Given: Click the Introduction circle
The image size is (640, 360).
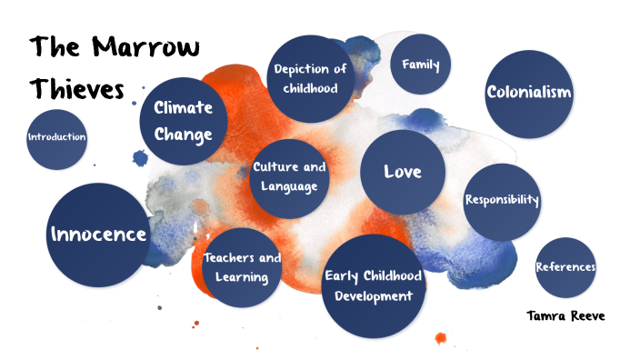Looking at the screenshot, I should pyautogui.click(x=56, y=138).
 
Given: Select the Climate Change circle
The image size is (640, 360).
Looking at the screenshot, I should pyautogui.click(x=183, y=121).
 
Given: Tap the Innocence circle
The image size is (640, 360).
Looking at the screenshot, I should pyautogui.click(x=98, y=235).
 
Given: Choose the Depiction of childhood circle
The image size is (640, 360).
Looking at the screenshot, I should pyautogui.click(x=311, y=79).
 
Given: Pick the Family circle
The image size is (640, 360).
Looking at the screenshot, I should pyautogui.click(x=420, y=65).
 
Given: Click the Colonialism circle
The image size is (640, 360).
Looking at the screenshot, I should pyautogui.click(x=528, y=92).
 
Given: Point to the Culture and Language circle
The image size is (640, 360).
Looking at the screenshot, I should pyautogui.click(x=289, y=177).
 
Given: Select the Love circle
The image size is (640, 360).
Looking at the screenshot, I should pyautogui.click(x=402, y=173).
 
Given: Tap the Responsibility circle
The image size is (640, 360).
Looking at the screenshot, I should pyautogui.click(x=502, y=200).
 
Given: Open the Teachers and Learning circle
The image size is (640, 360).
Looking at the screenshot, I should pyautogui.click(x=241, y=267).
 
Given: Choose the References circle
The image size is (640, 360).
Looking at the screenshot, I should pyautogui.click(x=565, y=267).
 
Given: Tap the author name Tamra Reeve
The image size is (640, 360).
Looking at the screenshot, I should pyautogui.click(x=565, y=315).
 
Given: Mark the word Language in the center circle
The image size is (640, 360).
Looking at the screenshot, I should pyautogui.click(x=289, y=187).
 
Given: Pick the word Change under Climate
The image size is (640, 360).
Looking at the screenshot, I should pyautogui.click(x=183, y=135).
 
